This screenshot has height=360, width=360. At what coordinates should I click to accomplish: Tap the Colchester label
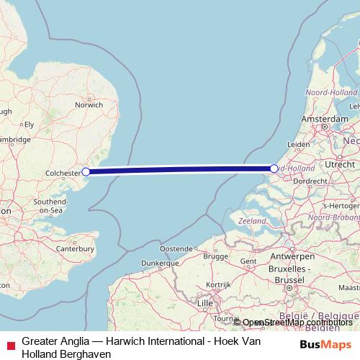[63, 173]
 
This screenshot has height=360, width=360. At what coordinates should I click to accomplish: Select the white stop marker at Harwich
[86, 171]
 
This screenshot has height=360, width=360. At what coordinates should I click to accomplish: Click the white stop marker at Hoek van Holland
[274, 168]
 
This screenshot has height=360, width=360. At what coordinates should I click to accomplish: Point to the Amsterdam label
[325, 118]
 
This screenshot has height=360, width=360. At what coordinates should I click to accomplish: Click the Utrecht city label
[341, 165]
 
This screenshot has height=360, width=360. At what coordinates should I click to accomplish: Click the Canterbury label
[76, 248]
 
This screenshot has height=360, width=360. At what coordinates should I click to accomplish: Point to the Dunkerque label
[159, 264]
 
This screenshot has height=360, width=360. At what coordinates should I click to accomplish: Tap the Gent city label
[248, 261]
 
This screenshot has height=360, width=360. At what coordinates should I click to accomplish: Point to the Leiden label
[299, 144]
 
